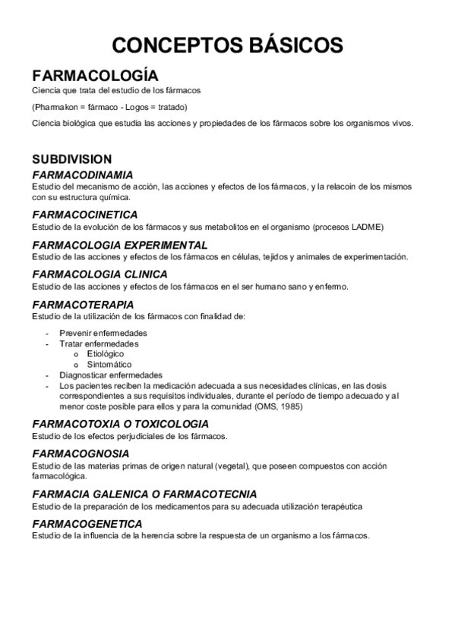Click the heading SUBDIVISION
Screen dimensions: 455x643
click(71, 159)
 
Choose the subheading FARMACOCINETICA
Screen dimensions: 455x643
click(84, 215)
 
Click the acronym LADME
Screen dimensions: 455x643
click(365, 226)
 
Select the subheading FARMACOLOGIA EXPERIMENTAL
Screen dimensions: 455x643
click(119, 245)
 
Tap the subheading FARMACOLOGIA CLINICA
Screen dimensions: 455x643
click(100, 274)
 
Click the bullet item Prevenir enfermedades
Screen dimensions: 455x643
click(103, 334)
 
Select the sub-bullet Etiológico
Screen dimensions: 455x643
click(106, 353)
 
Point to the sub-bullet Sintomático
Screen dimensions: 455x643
click(109, 364)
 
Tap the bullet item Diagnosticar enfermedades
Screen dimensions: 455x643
click(111, 375)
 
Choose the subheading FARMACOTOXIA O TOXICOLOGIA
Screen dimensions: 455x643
click(120, 423)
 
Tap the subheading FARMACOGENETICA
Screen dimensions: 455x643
click(87, 523)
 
